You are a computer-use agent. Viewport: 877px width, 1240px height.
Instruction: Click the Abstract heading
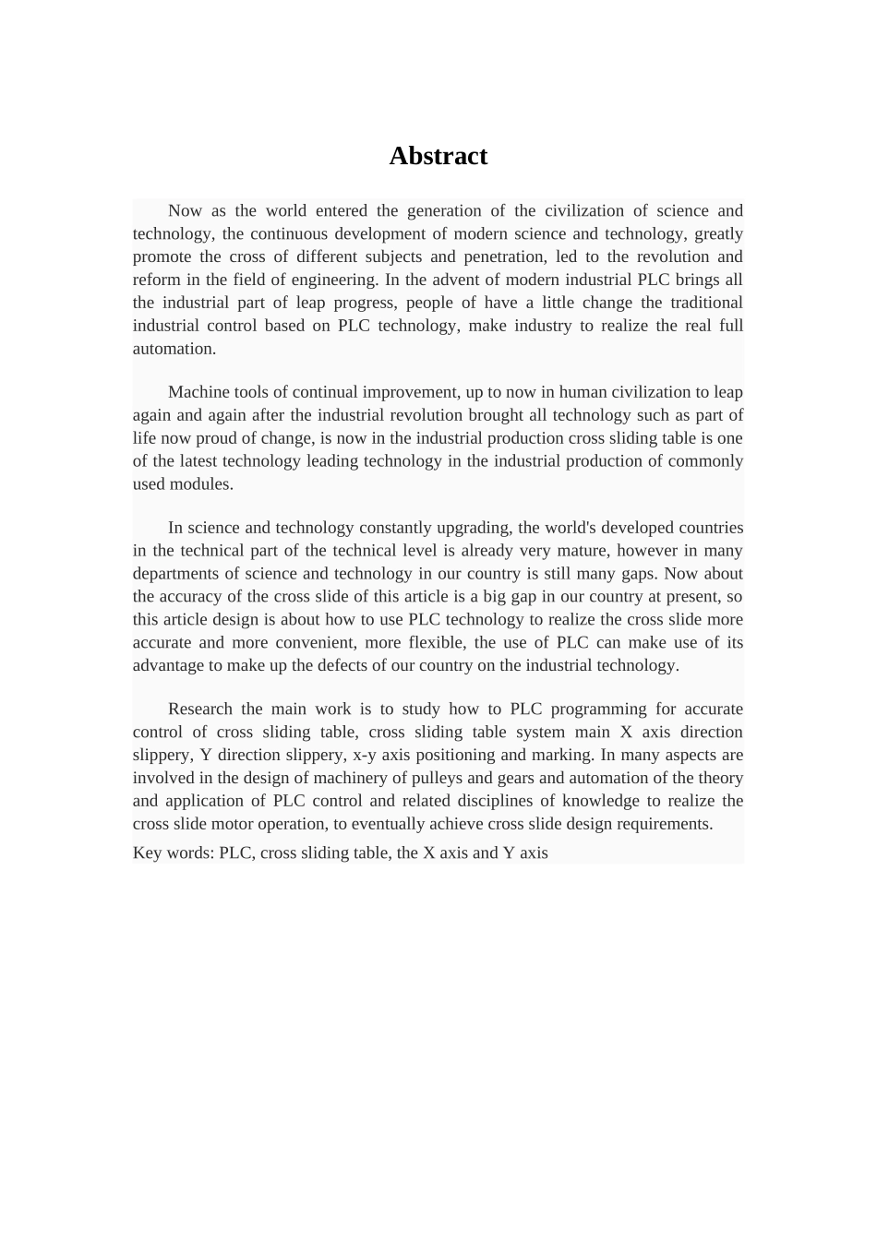coord(438,156)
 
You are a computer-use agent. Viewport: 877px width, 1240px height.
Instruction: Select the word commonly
coord(708,461)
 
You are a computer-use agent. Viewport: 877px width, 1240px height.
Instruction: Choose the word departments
coord(176,574)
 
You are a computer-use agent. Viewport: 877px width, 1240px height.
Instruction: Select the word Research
coord(200,709)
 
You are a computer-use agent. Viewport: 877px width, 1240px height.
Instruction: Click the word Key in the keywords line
coord(147,852)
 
